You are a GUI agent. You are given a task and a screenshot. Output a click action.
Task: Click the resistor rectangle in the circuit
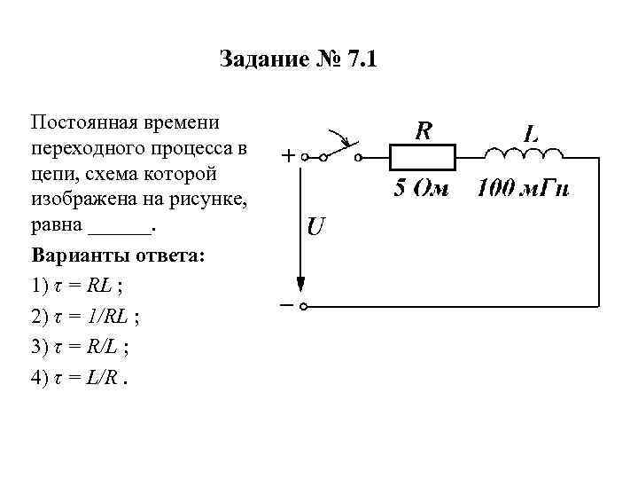tap(423, 158)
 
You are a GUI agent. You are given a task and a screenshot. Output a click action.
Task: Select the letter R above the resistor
tap(424, 131)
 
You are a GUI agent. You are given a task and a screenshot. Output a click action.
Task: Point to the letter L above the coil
tap(531, 134)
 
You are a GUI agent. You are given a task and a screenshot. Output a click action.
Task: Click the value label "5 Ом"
tap(422, 188)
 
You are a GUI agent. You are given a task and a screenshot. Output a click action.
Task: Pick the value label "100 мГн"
tap(523, 188)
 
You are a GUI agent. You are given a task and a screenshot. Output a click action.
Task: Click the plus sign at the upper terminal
tap(289, 156)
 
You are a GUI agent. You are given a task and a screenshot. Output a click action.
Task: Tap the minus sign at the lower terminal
tap(288, 305)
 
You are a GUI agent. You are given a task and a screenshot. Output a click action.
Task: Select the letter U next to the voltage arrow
tap(315, 227)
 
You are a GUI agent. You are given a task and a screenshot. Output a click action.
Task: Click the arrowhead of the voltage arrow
tap(302, 283)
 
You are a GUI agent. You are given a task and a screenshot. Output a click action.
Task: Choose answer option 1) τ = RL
tap(77, 286)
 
